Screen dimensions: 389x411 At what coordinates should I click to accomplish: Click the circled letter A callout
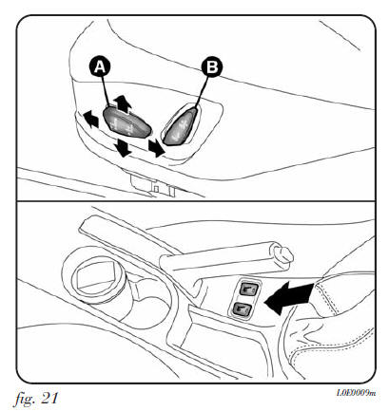click(100, 67)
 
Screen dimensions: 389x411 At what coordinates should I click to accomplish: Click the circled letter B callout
click(212, 67)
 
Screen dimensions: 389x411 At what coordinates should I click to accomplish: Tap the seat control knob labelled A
click(127, 122)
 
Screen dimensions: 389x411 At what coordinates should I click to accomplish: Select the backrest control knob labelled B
click(182, 126)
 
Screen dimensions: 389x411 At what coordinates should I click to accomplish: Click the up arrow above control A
click(122, 104)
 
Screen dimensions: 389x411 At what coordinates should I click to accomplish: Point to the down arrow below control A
click(123, 147)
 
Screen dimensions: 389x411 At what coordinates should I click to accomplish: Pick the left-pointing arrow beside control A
click(90, 119)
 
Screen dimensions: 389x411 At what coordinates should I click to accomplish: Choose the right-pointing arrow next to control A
click(157, 148)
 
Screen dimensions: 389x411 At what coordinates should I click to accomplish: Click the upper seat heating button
click(249, 289)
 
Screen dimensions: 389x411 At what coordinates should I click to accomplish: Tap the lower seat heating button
click(243, 308)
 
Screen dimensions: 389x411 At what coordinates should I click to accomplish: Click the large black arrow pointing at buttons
click(288, 298)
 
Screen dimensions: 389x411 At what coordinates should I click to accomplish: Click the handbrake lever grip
click(219, 256)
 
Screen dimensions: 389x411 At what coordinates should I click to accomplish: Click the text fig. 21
click(35, 398)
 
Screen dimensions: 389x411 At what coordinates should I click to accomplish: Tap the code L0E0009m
click(356, 393)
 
